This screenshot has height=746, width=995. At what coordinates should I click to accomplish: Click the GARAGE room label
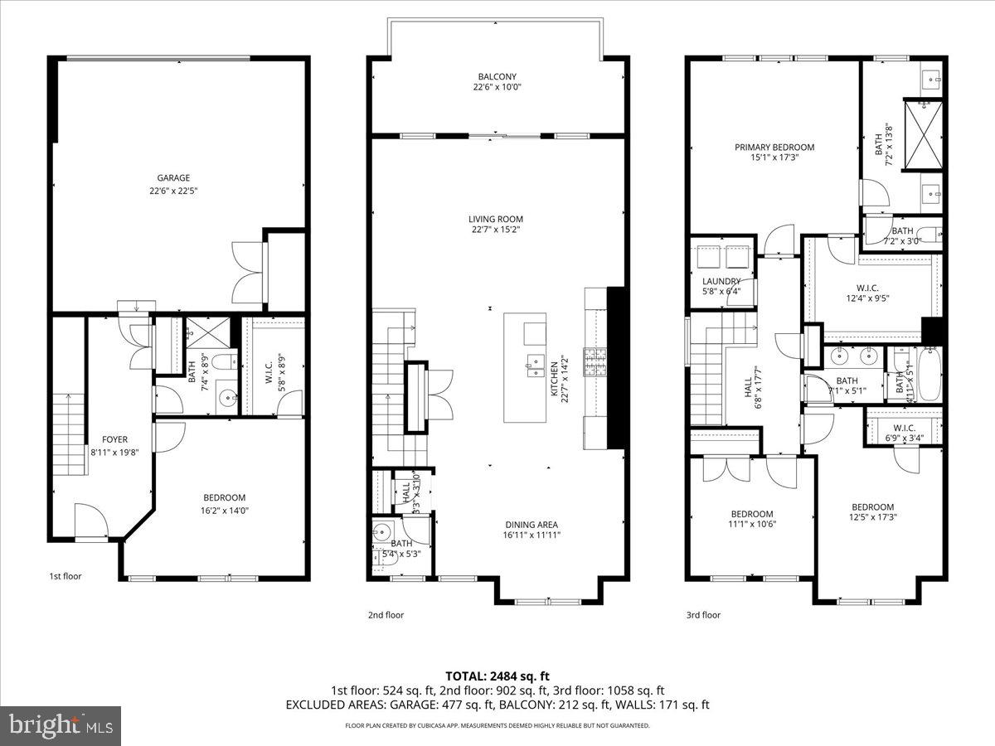pos(174,177)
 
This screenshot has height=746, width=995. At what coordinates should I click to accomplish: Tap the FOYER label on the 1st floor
pos(115,439)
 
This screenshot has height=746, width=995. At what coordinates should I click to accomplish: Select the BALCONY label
pos(497,76)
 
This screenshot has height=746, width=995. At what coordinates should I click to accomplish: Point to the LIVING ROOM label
pos(496,219)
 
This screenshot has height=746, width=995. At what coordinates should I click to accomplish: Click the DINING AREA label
pos(531,524)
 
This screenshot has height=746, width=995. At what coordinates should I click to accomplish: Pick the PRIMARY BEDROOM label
pos(774,148)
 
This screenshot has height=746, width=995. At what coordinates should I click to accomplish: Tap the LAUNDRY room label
pos(721,281)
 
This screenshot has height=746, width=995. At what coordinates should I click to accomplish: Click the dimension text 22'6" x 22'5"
pos(174,190)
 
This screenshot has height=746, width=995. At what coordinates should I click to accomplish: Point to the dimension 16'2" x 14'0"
pos(225,511)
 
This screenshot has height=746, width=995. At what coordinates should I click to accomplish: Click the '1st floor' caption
pos(65,575)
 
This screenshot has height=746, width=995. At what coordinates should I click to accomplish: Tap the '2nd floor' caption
pos(386,615)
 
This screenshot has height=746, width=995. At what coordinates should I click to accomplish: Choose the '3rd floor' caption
pos(703,615)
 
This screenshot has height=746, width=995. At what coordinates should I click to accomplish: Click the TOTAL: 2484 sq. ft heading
pos(498,676)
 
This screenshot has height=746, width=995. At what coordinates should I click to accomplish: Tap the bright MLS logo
pos(61,726)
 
